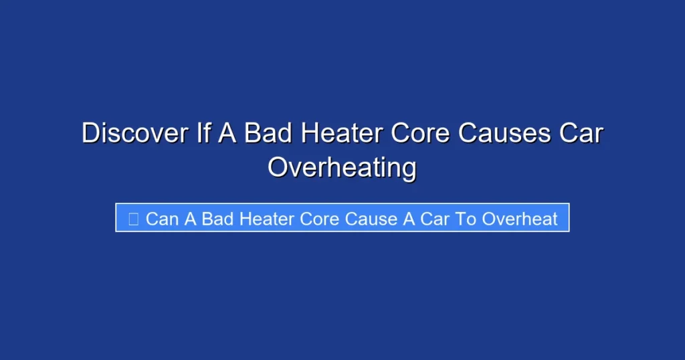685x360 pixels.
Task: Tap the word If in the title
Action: tap(204, 133)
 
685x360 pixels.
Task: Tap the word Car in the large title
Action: tap(581, 133)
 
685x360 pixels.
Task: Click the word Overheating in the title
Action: tap(342, 168)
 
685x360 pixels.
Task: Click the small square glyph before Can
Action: tap(133, 219)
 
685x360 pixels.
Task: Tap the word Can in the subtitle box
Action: tap(162, 219)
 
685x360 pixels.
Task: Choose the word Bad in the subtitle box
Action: tap(217, 219)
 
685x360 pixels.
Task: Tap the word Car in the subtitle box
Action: tap(435, 219)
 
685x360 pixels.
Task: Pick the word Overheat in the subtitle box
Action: tap(520, 219)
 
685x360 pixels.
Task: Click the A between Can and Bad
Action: tap(190, 219)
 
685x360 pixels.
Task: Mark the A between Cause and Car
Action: tap(409, 219)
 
